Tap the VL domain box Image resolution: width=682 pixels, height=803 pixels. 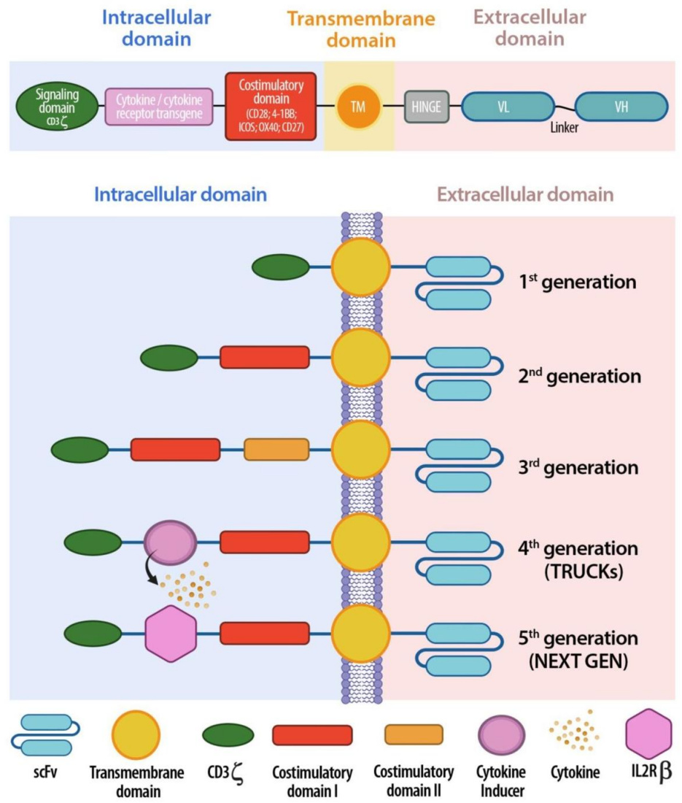[x=503, y=107]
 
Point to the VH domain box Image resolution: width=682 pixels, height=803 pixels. [x=621, y=107]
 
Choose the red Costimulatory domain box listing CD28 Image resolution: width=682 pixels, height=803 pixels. [x=271, y=106]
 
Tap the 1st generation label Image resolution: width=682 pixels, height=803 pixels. [x=578, y=281]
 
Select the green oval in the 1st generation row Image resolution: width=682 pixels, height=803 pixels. [x=280, y=267]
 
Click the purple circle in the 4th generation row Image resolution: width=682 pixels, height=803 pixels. [x=170, y=542]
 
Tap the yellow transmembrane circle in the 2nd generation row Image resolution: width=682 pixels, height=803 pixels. [x=361, y=358]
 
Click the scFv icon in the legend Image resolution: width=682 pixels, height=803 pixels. [x=45, y=734]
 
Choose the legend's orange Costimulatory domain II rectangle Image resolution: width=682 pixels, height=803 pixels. [x=413, y=734]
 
